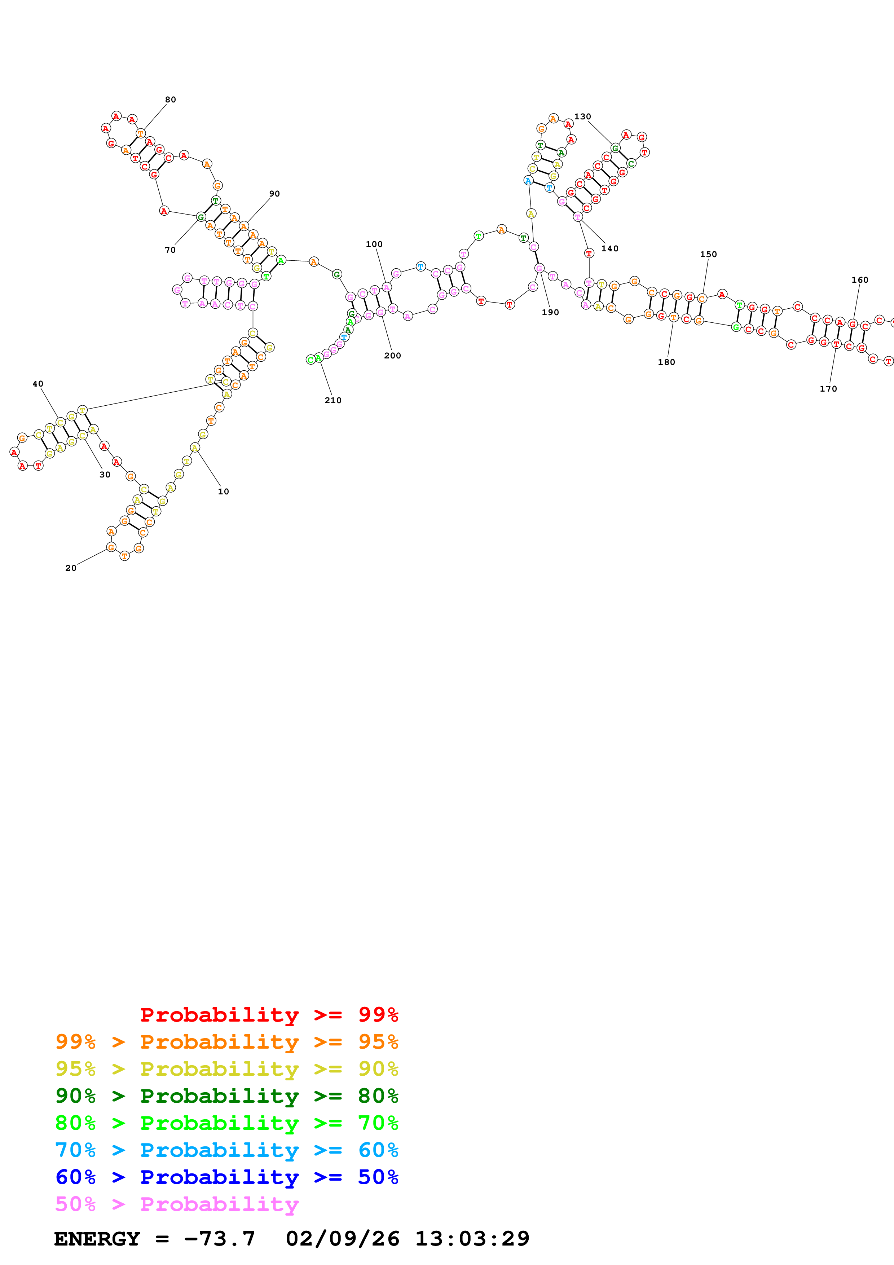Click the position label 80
tap(170, 100)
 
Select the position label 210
tap(333, 401)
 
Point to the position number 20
tap(71, 568)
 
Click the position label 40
tap(38, 384)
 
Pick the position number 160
tap(859, 280)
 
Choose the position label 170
tap(828, 389)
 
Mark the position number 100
tap(374, 244)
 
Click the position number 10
tap(223, 492)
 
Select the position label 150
tap(708, 255)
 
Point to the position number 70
tap(170, 250)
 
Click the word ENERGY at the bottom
tap(97, 1239)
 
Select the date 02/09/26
tap(342, 1239)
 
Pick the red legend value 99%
tap(378, 1015)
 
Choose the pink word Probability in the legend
tap(219, 1204)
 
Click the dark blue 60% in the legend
tap(75, 1177)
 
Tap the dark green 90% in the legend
tap(75, 1096)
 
